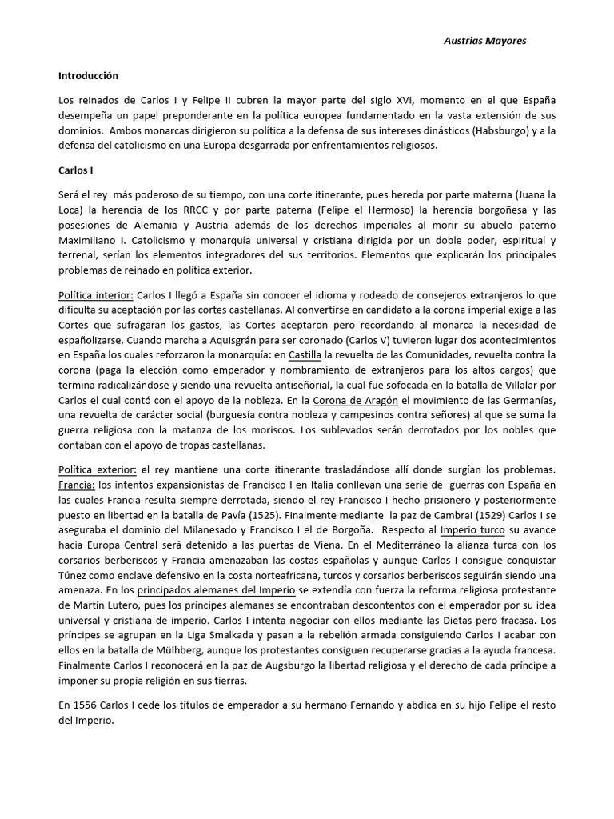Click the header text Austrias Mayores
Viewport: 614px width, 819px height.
click(x=484, y=41)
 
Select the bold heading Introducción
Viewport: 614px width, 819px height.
click(x=88, y=76)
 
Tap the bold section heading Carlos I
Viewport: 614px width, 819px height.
click(x=76, y=171)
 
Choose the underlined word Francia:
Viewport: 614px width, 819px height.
click(x=77, y=485)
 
